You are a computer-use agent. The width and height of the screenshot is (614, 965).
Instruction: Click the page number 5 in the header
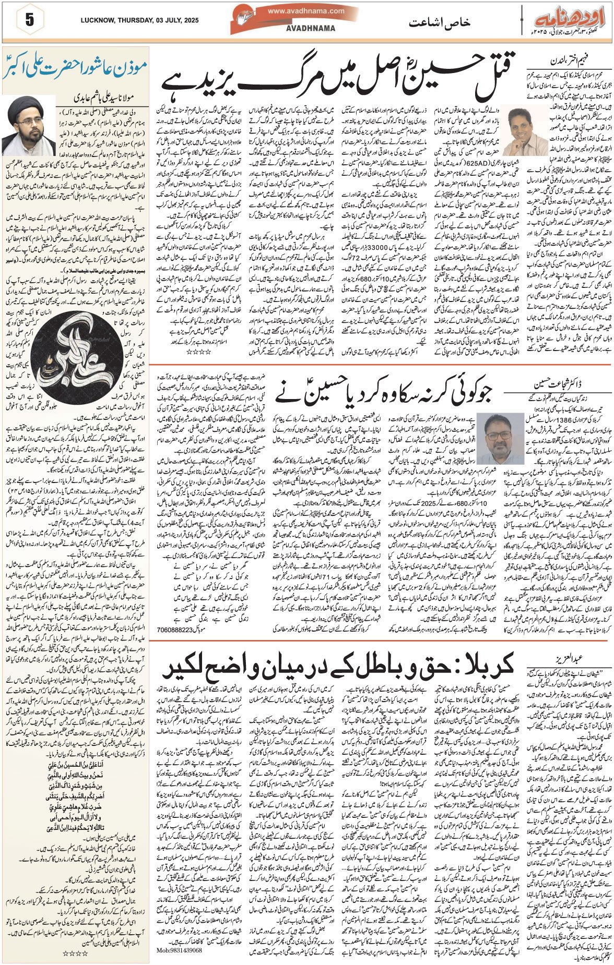(29, 21)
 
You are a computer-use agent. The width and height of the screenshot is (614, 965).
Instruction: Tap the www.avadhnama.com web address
(306, 11)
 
